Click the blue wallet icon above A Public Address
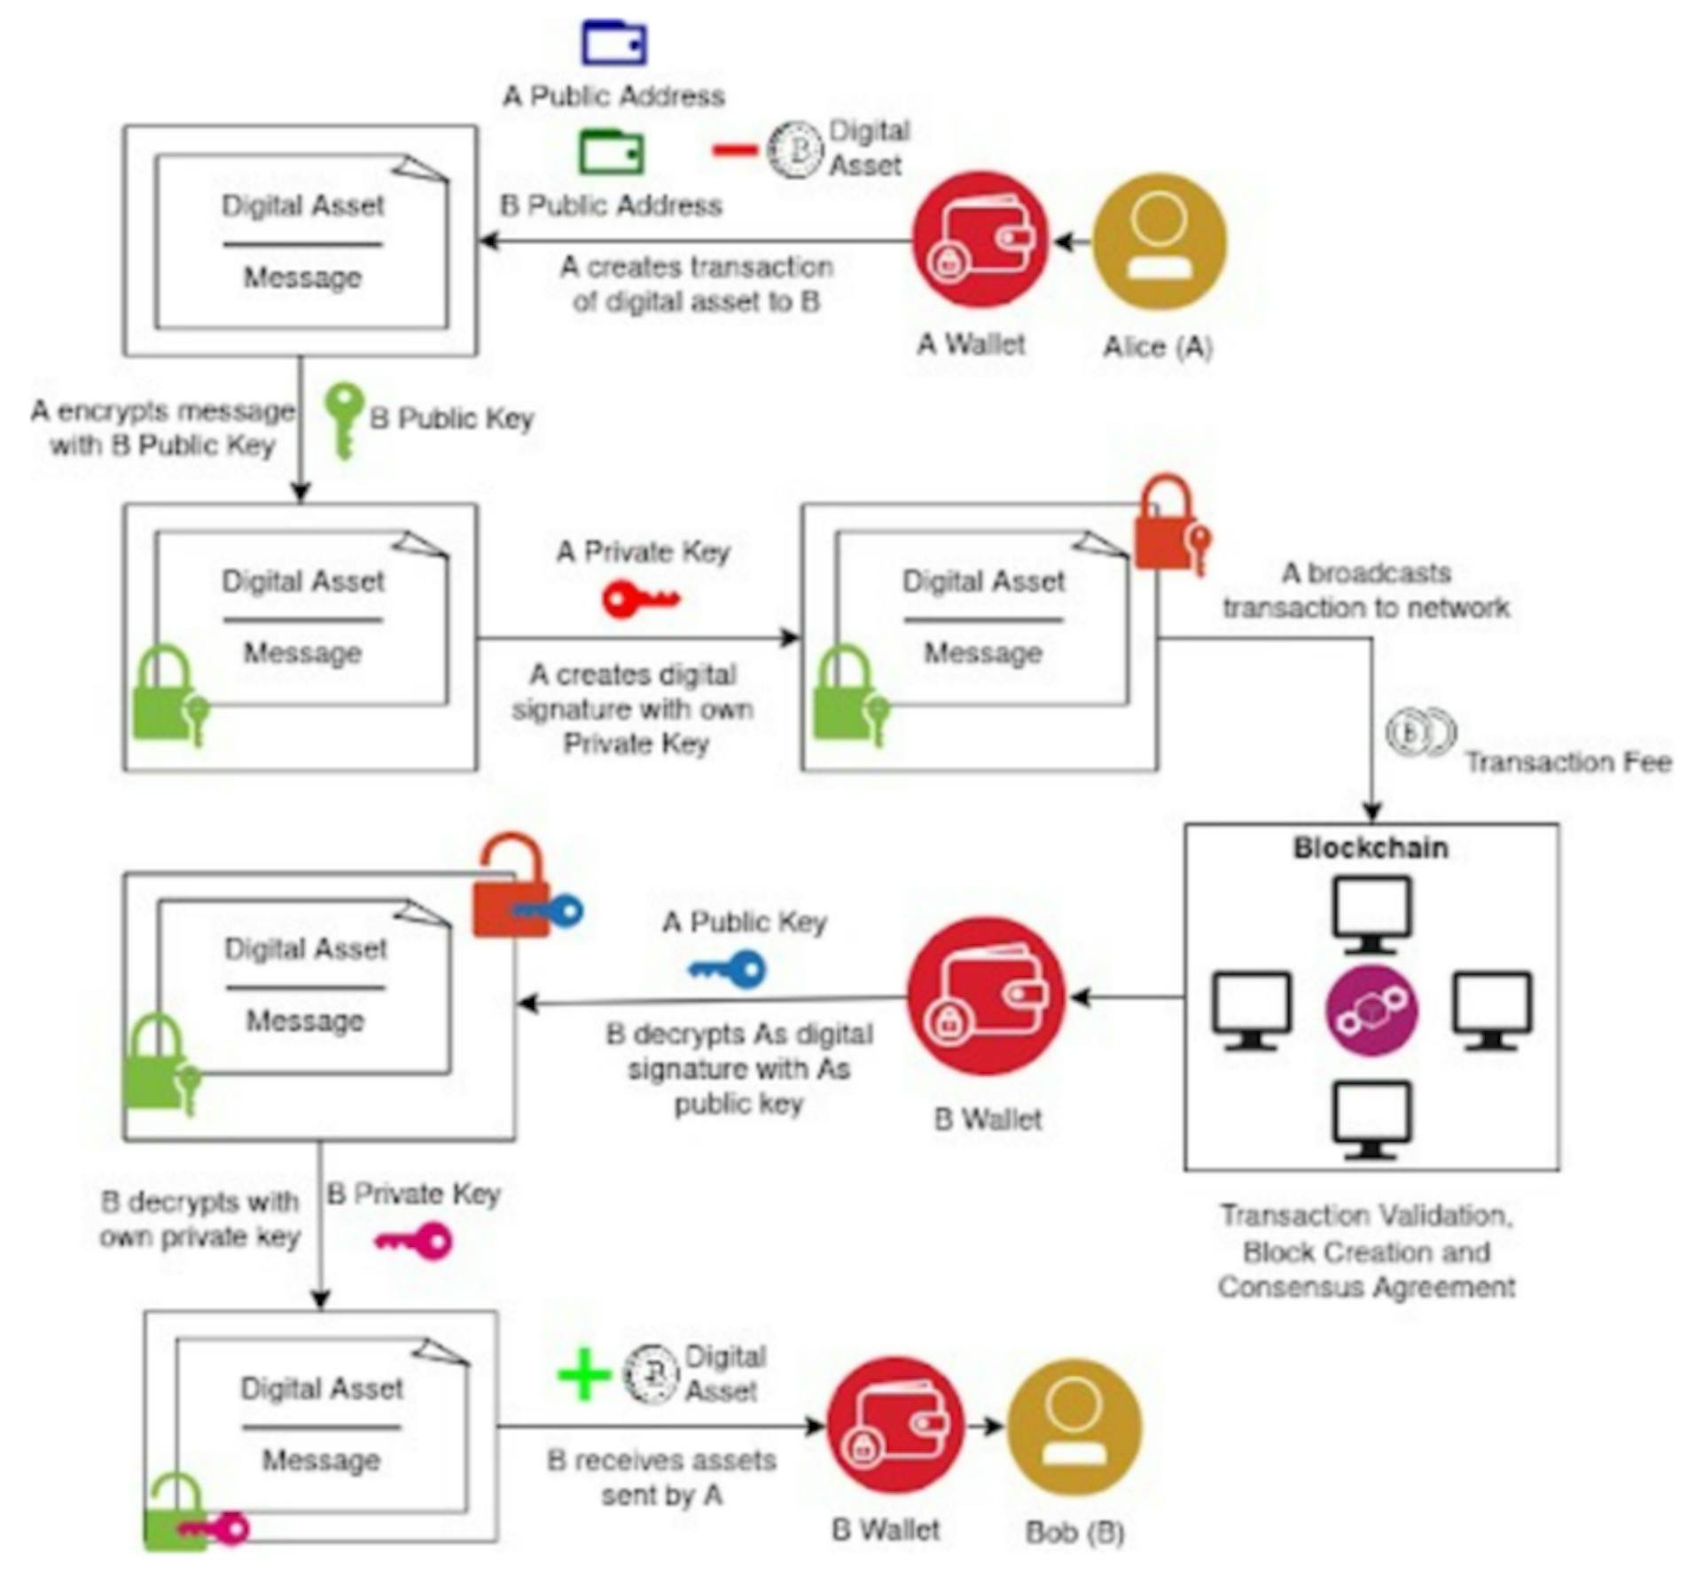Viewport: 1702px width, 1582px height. coord(613,42)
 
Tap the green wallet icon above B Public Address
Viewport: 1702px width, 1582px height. coord(611,152)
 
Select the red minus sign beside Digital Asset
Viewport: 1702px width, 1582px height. coord(734,150)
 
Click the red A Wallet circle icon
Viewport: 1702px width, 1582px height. coord(980,240)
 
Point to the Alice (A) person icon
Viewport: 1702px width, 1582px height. coord(1159,241)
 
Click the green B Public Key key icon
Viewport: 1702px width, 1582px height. coord(343,419)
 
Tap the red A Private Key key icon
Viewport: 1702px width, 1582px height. coord(639,600)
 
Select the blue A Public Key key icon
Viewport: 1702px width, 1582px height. coord(729,969)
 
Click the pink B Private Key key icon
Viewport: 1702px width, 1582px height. coord(414,1241)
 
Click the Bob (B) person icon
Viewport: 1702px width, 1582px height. coord(1074,1427)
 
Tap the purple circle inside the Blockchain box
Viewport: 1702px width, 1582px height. coord(1370,1010)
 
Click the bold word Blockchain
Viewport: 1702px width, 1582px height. coord(1370,848)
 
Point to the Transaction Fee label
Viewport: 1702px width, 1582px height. coord(1567,762)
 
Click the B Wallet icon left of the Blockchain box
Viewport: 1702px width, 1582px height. coord(986,996)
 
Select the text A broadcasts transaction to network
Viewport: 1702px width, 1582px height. coord(1365,590)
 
